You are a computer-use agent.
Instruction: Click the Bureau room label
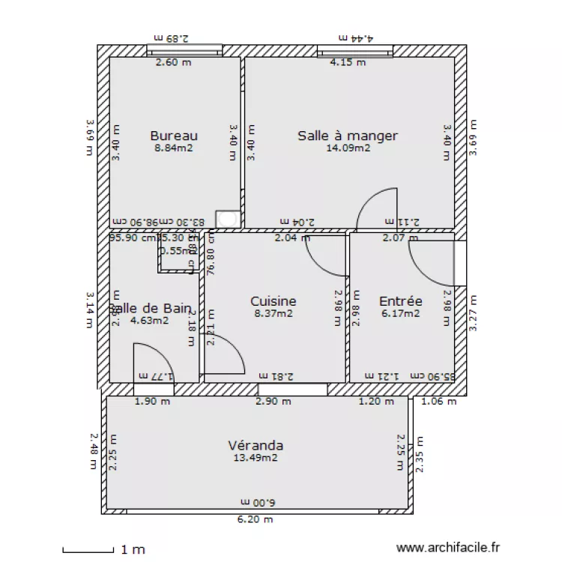(174, 136)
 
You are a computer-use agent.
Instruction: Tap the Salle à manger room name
(348, 136)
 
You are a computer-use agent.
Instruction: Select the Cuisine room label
(273, 301)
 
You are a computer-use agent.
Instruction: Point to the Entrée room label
(401, 301)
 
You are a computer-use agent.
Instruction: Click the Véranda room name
(256, 445)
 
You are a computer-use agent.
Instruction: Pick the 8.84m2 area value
(174, 148)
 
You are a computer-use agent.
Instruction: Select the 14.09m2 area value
(348, 148)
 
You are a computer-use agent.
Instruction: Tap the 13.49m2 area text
(256, 458)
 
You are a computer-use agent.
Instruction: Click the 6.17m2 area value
(401, 314)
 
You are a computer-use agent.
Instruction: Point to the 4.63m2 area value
(149, 321)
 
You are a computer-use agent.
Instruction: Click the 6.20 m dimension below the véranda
(256, 519)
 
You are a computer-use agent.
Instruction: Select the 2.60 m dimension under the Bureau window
(173, 63)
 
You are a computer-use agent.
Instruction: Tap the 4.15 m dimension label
(348, 63)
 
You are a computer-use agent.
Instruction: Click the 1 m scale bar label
(133, 550)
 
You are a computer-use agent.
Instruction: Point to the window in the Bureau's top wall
(184, 51)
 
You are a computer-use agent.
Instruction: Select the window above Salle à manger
(355, 51)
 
